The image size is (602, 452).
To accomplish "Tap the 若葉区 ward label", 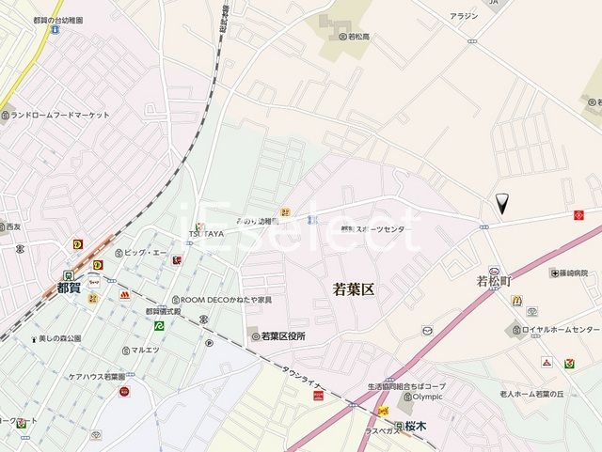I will tap(354, 289).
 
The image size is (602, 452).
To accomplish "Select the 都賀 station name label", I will tap(69, 288).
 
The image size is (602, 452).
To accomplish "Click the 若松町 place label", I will tap(493, 281).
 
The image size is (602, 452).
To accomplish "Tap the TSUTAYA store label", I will tap(209, 233).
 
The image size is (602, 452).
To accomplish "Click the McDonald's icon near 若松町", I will tap(516, 300).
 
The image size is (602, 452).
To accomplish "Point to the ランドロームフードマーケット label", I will tap(60, 116).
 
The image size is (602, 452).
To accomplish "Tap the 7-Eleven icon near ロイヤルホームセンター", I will tap(569, 364).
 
